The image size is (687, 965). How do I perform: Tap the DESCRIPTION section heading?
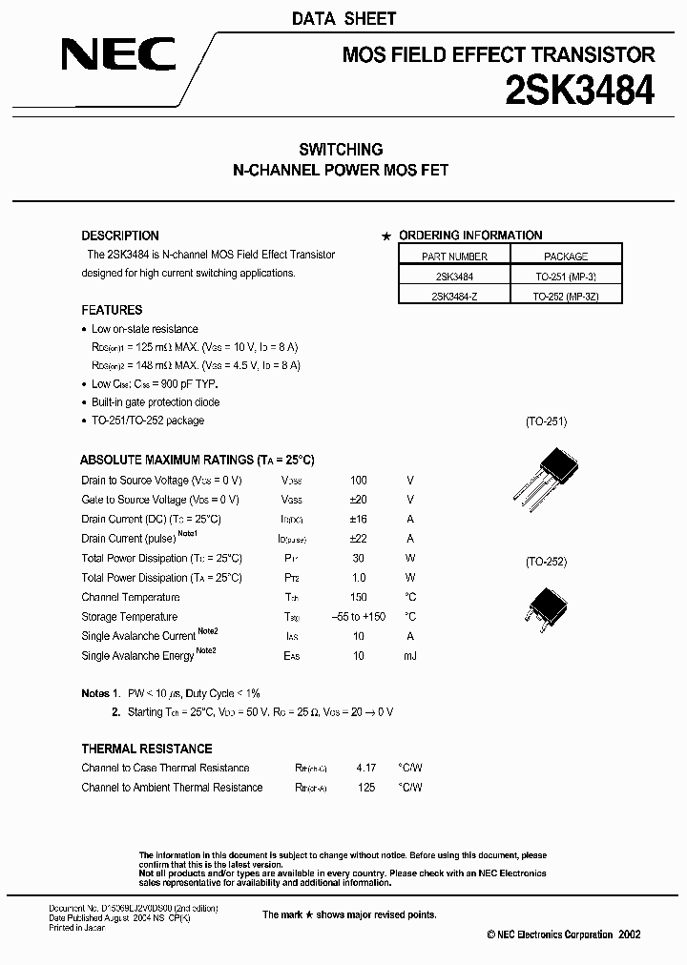(120, 236)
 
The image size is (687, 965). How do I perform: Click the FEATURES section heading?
(112, 310)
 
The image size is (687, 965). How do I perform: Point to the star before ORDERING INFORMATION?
(385, 236)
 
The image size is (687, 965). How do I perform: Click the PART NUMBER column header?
(454, 257)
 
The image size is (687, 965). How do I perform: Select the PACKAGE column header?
(566, 257)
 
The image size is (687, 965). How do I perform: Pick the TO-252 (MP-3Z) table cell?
(566, 297)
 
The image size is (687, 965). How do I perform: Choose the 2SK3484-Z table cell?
(454, 297)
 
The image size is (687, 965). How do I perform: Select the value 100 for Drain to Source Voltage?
(358, 481)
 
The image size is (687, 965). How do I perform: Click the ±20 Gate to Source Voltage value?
(358, 500)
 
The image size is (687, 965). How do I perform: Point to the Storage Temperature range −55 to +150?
(358, 617)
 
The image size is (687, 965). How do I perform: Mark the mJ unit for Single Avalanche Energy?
(410, 656)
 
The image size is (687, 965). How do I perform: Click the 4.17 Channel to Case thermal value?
(365, 768)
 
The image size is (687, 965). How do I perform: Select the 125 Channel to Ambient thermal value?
(365, 788)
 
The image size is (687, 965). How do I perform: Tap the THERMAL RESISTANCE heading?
(146, 749)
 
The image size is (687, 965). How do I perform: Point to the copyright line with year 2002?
(563, 935)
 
